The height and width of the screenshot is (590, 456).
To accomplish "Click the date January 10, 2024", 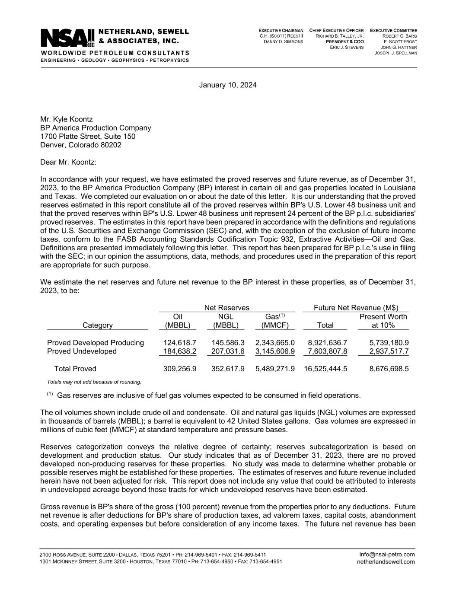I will (227, 85).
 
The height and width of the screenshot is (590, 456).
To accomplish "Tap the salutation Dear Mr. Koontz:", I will (68, 162).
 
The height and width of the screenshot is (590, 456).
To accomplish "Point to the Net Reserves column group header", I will (226, 308).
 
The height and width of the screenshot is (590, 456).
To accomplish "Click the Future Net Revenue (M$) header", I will (355, 308).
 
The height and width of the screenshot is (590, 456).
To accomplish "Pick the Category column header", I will (97, 325).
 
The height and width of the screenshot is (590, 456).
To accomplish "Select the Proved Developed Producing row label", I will (95, 343).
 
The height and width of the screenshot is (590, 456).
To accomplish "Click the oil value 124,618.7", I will (180, 343).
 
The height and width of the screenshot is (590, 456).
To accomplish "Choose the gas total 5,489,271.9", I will (275, 369).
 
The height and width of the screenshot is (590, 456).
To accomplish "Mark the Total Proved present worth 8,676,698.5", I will (389, 369).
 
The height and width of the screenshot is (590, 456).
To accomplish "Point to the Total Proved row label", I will (75, 369).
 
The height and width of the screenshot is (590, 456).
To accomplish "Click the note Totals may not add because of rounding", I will (94, 382).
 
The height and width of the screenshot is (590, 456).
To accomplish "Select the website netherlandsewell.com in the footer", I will (386, 562).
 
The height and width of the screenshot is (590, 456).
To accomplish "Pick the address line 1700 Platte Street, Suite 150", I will (87, 137).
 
